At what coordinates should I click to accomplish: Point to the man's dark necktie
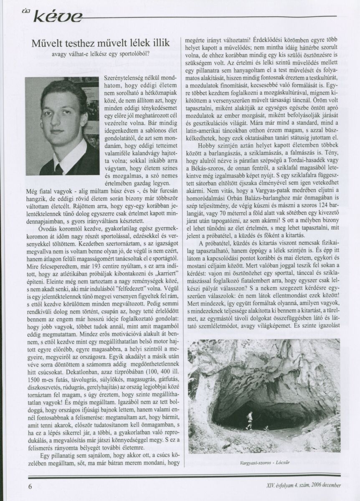tap(58, 169)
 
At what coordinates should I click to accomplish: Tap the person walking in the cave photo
tap(250, 419)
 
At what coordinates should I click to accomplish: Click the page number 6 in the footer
tap(30, 486)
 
